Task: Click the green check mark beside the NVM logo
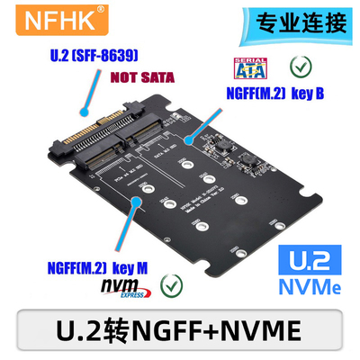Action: pyautogui.click(x=166, y=287)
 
